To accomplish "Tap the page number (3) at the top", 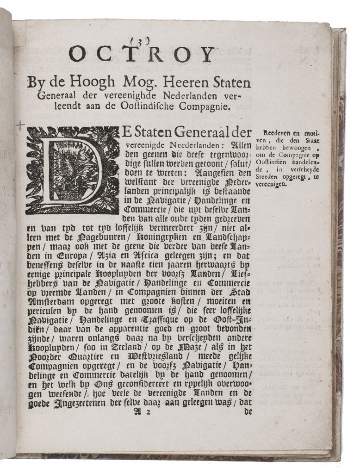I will click(x=140, y=41).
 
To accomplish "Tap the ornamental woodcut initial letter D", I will click(x=73, y=170).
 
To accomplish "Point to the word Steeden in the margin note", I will click(x=267, y=176).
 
